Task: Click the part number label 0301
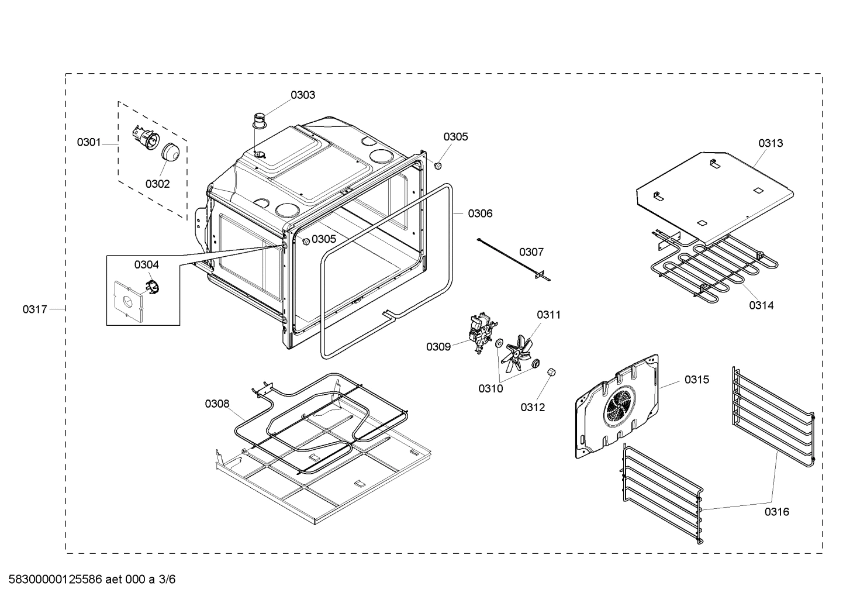(x=89, y=142)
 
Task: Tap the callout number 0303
(x=303, y=95)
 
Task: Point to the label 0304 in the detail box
(x=146, y=264)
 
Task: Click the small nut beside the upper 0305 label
(x=437, y=167)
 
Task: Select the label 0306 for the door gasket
(x=480, y=213)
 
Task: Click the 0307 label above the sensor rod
(x=531, y=252)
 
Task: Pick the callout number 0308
(x=217, y=404)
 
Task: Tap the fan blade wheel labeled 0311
(x=517, y=352)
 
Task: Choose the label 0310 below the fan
(x=490, y=388)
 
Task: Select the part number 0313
(x=771, y=143)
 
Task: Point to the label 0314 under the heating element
(x=761, y=305)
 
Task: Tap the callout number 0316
(x=776, y=512)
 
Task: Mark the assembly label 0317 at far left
(x=35, y=309)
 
